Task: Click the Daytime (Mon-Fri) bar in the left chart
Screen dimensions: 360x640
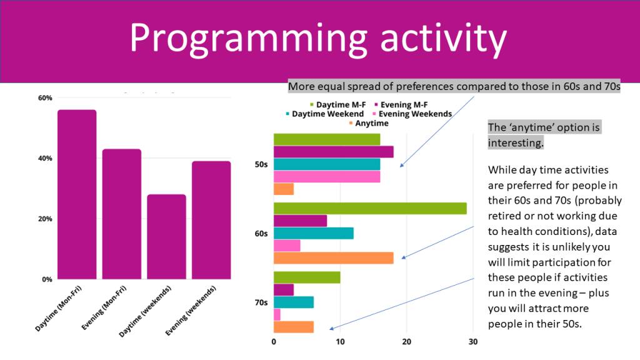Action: point(77,194)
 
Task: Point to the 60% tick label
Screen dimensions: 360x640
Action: point(45,98)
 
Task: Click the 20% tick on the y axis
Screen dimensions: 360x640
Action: point(45,219)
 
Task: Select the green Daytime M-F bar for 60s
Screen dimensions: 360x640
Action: point(370,209)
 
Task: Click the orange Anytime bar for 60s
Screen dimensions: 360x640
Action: point(334,257)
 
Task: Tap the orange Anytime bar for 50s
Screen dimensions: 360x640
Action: point(284,189)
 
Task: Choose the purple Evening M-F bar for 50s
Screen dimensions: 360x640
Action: point(334,152)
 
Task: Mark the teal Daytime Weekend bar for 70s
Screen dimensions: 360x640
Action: point(294,302)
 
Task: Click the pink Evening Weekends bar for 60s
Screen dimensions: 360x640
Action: point(287,246)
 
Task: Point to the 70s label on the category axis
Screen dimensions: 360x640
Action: point(261,302)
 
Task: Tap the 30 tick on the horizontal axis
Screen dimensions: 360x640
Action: point(472,342)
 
